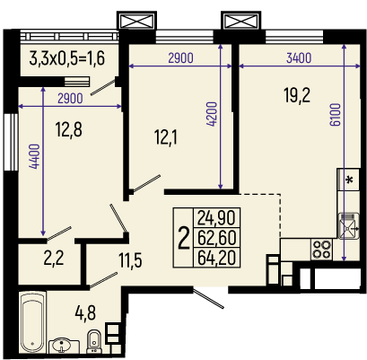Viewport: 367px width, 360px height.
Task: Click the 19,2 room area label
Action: [297, 96]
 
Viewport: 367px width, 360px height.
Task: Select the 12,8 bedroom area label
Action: [69, 130]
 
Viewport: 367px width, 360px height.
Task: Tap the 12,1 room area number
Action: [166, 138]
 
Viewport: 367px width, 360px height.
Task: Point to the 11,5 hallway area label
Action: [130, 260]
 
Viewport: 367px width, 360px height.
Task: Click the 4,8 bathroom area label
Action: [85, 313]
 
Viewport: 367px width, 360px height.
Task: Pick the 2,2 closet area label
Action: [54, 259]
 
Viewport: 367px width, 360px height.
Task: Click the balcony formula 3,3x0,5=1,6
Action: [67, 58]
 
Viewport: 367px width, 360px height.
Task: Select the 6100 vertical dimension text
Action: [336, 115]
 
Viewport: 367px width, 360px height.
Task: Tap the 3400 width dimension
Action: [299, 57]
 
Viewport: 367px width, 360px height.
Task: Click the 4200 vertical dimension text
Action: [212, 114]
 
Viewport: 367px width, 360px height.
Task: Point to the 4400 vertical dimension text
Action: [35, 156]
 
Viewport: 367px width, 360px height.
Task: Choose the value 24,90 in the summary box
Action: [216, 217]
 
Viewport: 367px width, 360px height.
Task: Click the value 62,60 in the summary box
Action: [216, 237]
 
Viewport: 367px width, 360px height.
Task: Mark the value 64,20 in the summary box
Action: [216, 258]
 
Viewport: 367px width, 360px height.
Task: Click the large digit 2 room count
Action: [184, 238]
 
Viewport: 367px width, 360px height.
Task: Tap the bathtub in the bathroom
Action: [33, 323]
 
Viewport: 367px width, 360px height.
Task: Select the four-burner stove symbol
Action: [321, 250]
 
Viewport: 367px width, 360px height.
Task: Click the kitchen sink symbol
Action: [349, 225]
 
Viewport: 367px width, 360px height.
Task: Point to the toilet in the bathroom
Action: [94, 341]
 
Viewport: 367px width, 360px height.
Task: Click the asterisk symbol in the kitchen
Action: [349, 180]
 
